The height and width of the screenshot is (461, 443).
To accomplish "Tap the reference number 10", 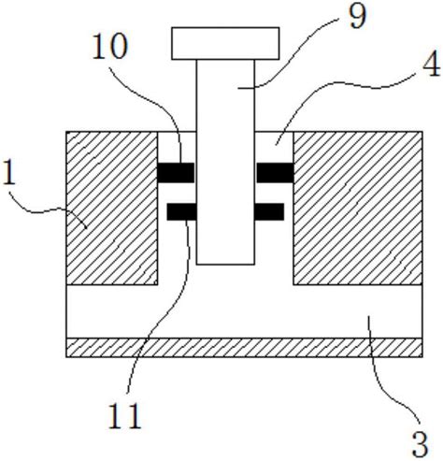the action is pos(110,46).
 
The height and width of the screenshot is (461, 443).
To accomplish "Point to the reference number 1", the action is pos(8,172).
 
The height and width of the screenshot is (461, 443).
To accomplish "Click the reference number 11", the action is pos(125,415).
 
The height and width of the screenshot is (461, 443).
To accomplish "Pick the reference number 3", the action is pos(421,445).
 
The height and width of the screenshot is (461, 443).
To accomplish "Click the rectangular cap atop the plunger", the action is pos(225,43).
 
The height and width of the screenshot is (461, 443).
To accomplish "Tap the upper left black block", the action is pos(176,172).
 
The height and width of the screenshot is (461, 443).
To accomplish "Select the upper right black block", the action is pos(275,172).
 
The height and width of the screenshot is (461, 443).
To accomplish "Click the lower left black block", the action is pos(181,211).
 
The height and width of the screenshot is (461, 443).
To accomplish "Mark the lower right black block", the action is pos(269,211).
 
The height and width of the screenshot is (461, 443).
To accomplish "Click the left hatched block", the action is pos(112,208).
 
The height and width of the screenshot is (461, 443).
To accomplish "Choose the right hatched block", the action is pos(358,208).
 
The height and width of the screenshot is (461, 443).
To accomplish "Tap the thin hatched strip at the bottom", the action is pos(244,348).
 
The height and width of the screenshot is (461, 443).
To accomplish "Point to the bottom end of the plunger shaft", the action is pos(225,265).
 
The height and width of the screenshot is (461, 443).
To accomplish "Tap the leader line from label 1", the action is pos(47,210).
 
